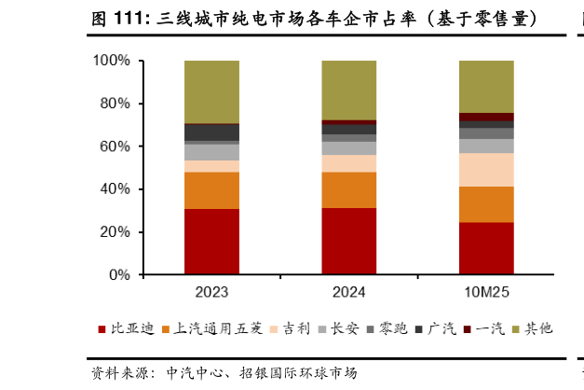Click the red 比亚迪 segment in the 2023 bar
[x=211, y=242]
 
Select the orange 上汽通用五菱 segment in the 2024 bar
[x=348, y=189]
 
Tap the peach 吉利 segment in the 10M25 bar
[x=486, y=169]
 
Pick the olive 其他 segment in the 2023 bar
[x=211, y=91]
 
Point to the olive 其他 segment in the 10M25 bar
[x=486, y=86]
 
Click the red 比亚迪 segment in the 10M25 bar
[x=486, y=248]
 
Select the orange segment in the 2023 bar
[x=211, y=190]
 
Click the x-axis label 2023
[x=211, y=292]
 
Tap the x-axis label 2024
[x=348, y=292]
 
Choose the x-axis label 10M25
[x=486, y=292]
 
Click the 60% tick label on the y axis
[x=115, y=146]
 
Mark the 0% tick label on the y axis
[x=119, y=275]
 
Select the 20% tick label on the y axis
[x=115, y=232]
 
